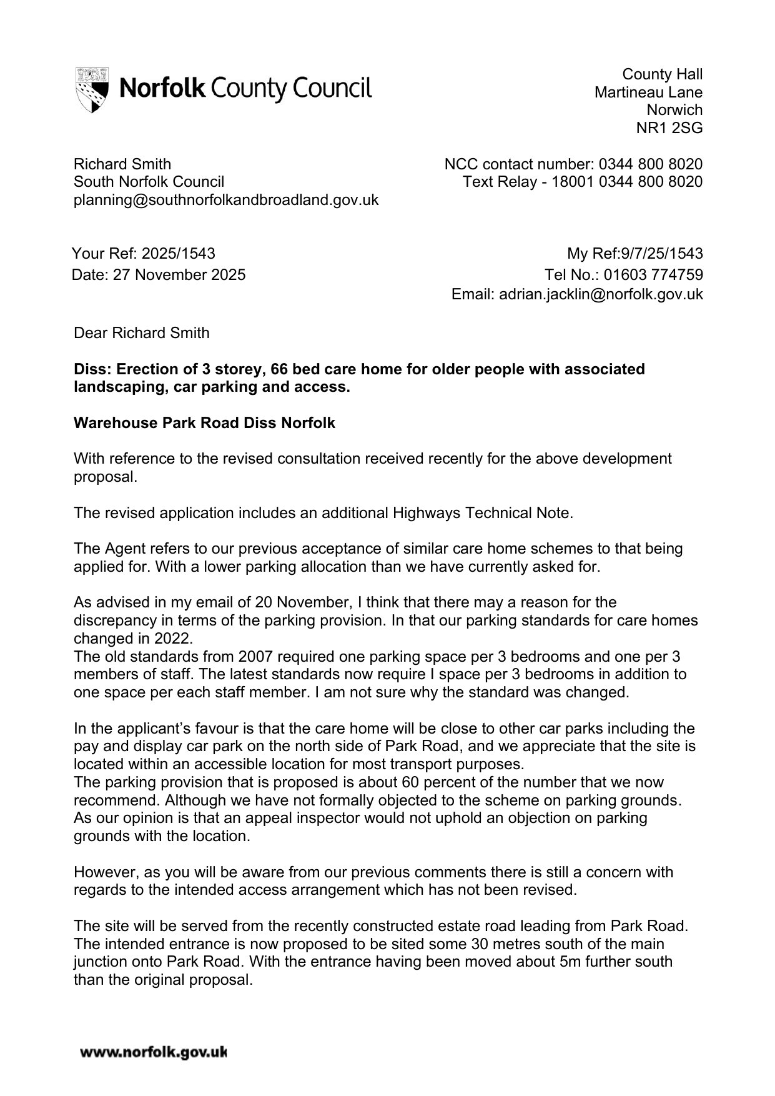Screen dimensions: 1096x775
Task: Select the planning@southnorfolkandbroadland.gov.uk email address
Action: pyautogui.click(x=226, y=200)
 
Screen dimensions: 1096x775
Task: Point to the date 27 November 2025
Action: pyautogui.click(x=179, y=275)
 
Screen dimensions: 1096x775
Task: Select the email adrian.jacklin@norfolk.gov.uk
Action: pyautogui.click(x=601, y=294)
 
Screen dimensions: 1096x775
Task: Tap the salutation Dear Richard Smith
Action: pyautogui.click(x=142, y=333)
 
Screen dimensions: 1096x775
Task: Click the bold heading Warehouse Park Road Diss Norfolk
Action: pyautogui.click(x=204, y=423)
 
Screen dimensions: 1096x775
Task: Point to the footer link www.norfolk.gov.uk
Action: pyautogui.click(x=153, y=1053)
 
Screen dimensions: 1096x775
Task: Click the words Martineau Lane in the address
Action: pyautogui.click(x=648, y=92)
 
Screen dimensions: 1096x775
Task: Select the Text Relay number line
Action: pyautogui.click(x=582, y=182)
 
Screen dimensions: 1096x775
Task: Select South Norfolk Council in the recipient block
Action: pyautogui.click(x=149, y=182)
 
